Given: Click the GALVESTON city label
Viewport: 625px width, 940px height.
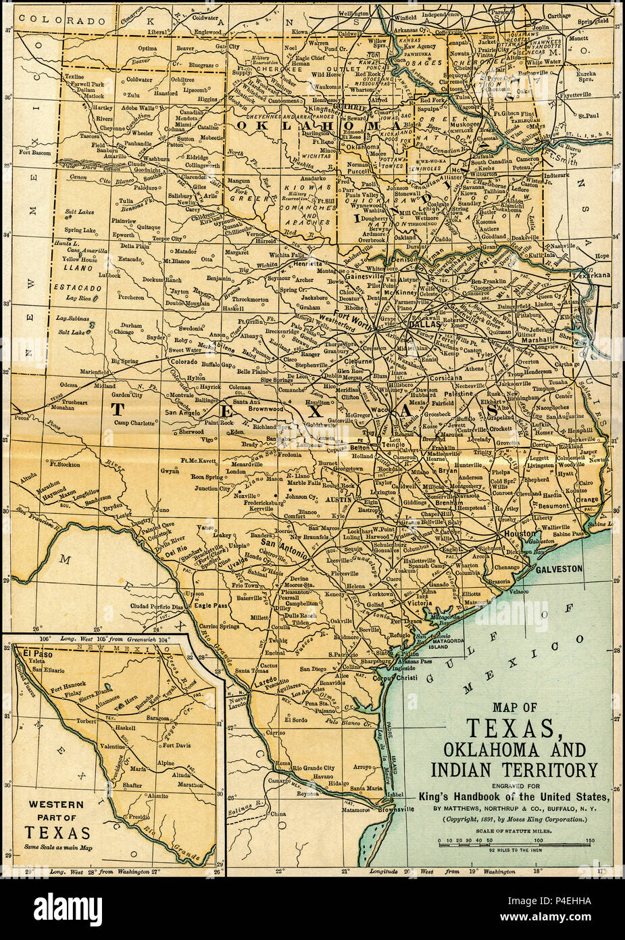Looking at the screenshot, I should click(x=558, y=569).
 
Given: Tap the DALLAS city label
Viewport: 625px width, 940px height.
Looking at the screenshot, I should click(x=425, y=324).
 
